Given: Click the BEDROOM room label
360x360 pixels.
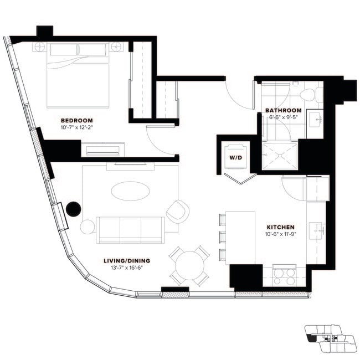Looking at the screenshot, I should click(76, 120).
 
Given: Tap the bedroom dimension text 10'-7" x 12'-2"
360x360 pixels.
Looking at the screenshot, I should click(76, 127).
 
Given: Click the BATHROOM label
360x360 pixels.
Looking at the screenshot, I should click(283, 110).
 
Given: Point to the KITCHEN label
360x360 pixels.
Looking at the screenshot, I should click(280, 227).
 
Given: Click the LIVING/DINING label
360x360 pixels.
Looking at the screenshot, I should click(127, 260).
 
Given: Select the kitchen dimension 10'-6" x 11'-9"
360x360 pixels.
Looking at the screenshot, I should click(280, 234).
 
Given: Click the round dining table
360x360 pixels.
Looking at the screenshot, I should click(189, 266).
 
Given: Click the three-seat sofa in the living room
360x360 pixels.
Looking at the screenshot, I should click(130, 229).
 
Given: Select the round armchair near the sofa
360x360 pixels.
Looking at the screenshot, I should click(177, 210).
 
